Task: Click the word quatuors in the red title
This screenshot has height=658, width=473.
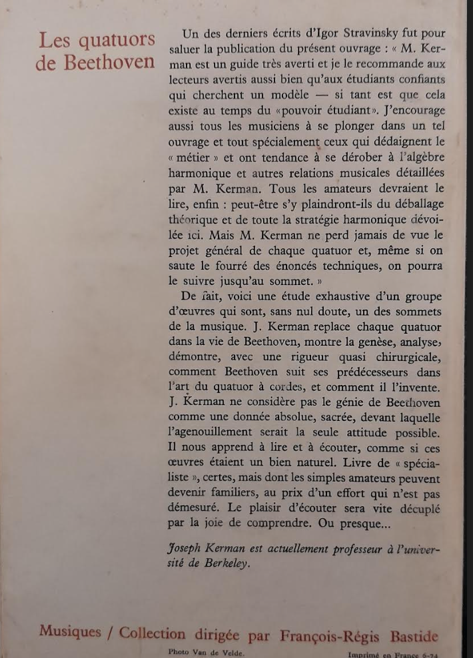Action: (117, 41)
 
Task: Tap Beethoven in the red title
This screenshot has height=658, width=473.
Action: (110, 63)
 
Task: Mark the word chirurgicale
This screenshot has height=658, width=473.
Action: (410, 357)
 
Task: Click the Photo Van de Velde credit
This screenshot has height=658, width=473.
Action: (206, 652)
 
